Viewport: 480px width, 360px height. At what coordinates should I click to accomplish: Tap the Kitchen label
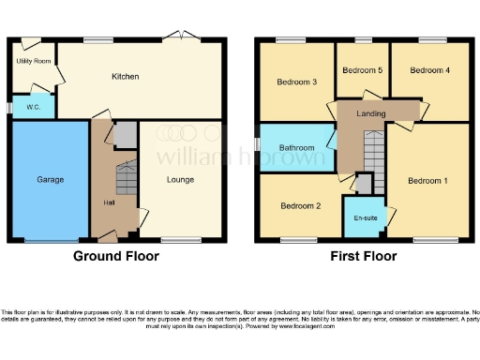click(125, 76)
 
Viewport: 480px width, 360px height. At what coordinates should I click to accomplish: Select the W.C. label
click(33, 107)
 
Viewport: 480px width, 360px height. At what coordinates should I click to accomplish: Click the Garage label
click(50, 178)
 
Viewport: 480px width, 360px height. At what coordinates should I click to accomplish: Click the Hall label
click(109, 202)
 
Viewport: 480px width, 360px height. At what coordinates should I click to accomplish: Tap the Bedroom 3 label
click(295, 82)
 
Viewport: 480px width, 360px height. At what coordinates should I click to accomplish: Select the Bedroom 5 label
click(362, 70)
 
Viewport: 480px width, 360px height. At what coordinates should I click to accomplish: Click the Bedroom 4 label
click(428, 70)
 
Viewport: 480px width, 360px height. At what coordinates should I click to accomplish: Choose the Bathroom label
click(296, 148)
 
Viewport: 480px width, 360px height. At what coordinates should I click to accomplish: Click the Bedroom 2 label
click(300, 206)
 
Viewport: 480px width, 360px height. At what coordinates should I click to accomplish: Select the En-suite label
click(365, 217)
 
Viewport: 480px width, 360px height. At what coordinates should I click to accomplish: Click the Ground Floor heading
click(116, 256)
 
